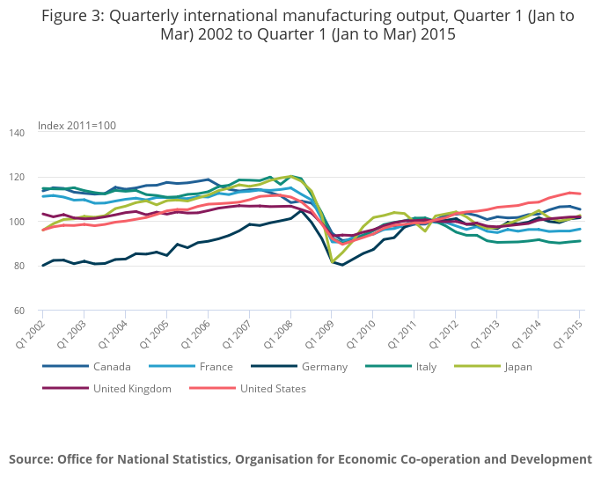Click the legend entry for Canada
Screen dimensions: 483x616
pos(111,366)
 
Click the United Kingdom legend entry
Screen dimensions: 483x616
pos(132,388)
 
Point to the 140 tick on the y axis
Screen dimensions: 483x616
pos(17,133)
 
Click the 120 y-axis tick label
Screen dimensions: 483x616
pos(17,178)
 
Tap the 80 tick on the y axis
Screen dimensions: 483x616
pos(19,267)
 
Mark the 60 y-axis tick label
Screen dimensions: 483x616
pos(19,311)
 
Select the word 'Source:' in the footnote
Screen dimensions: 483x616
pos(31,459)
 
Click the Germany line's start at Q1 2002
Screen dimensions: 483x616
pos(42,266)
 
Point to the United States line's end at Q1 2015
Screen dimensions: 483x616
pos(580,194)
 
